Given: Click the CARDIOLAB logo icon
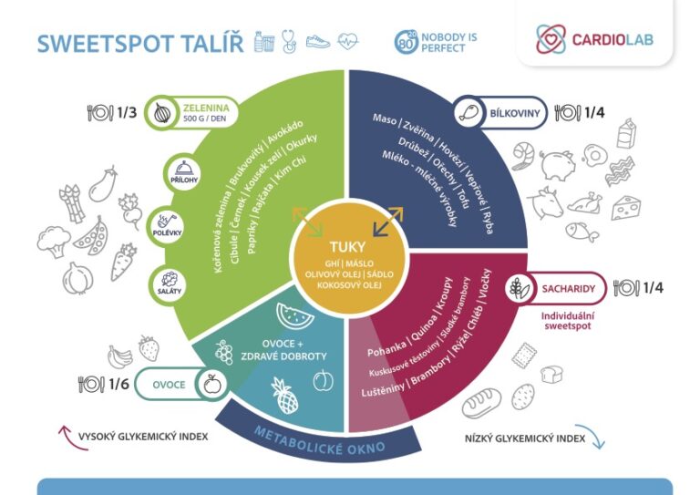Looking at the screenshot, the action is click(x=551, y=39).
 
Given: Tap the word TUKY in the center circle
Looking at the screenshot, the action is click(x=347, y=247).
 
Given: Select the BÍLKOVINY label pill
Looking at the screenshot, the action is click(x=500, y=113).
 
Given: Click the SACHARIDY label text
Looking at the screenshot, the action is click(x=569, y=289).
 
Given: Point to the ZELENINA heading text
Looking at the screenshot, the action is click(x=206, y=108).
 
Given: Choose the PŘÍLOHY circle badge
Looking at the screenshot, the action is click(x=184, y=173).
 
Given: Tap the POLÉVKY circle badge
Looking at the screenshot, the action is click(x=168, y=225).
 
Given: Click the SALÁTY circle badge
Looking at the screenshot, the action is click(x=170, y=284).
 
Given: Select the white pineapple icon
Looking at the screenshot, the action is click(x=284, y=396).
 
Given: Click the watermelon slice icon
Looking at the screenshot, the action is click(x=294, y=316).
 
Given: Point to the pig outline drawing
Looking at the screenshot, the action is click(x=557, y=164).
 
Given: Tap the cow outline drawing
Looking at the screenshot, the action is click(x=545, y=202).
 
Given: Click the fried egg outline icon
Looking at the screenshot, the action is click(x=595, y=155).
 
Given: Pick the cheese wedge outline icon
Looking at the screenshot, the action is click(x=626, y=208).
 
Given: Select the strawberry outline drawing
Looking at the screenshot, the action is click(x=149, y=348).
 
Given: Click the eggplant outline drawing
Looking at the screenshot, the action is click(x=103, y=183).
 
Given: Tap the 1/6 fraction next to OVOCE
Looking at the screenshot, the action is click(x=118, y=384).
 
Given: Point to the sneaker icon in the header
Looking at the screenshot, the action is click(x=318, y=42).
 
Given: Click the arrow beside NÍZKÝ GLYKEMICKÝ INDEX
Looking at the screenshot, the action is click(x=592, y=435).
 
